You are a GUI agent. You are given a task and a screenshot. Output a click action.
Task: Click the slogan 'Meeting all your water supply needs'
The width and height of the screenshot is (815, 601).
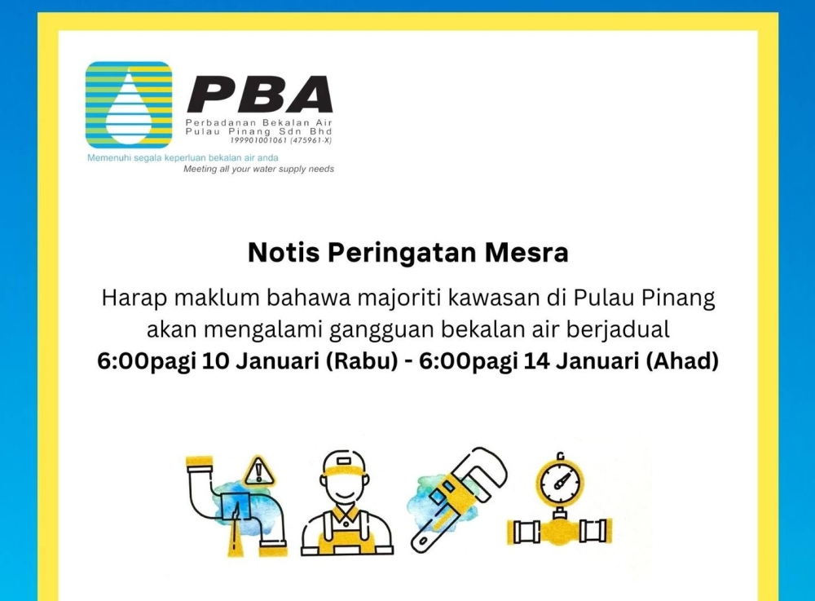258,170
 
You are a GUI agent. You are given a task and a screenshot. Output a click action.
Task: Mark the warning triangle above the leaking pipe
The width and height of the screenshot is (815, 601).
260,471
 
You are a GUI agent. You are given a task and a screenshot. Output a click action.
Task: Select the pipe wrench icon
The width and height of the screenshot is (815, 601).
460,497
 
